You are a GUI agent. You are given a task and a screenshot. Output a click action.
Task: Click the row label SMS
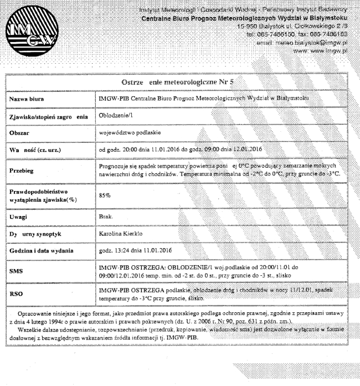16,272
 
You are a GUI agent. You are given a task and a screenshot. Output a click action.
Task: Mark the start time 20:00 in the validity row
131,150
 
